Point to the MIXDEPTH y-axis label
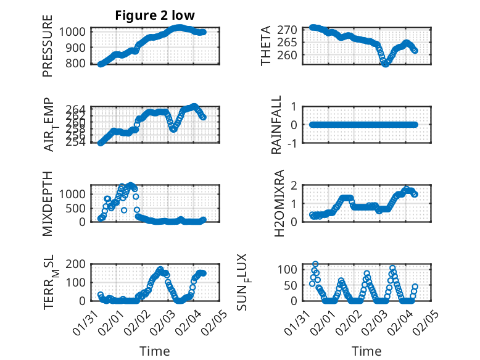click(48, 204)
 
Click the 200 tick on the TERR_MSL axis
click(79, 265)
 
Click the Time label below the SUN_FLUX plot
click(366, 351)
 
